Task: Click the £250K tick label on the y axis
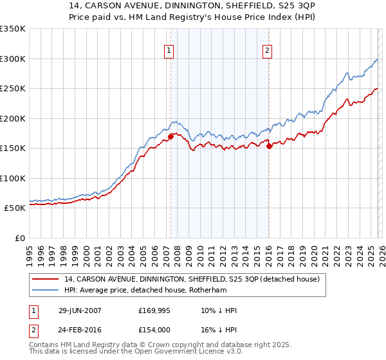point(12,89)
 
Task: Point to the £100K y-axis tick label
point(12,178)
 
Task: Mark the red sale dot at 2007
point(171,136)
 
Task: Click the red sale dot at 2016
point(269,146)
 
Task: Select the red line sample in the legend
point(46,279)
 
